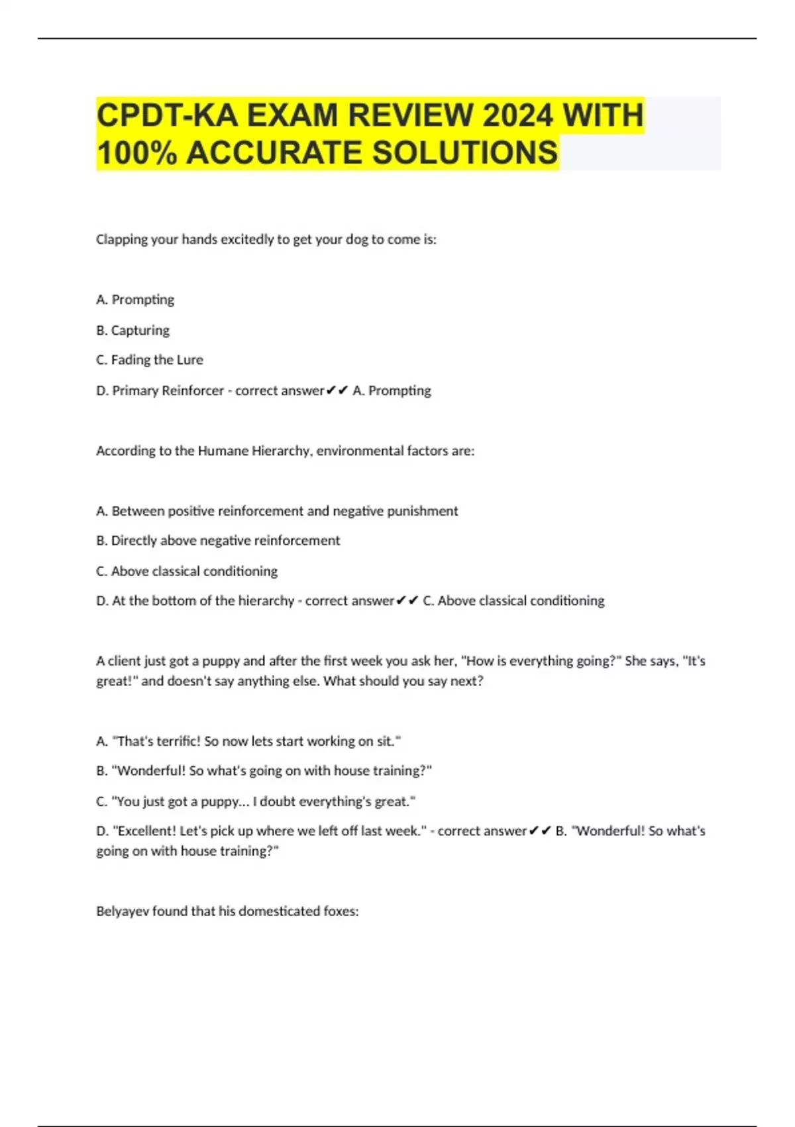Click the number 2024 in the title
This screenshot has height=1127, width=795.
pos(517,115)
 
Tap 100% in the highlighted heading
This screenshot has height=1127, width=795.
pos(137,152)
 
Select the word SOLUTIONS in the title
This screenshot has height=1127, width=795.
pos(465,152)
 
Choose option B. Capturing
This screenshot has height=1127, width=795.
pos(132,330)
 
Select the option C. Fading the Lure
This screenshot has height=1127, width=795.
pos(150,360)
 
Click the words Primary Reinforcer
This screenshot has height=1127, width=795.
pos(168,390)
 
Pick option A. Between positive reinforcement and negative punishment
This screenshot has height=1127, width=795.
pos(277,511)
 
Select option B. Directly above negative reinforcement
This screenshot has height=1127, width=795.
pos(218,540)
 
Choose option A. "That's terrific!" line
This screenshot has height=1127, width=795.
pos(248,741)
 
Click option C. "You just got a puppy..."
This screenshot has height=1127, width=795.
pos(256,801)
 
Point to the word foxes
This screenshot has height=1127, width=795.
pos(341,912)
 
